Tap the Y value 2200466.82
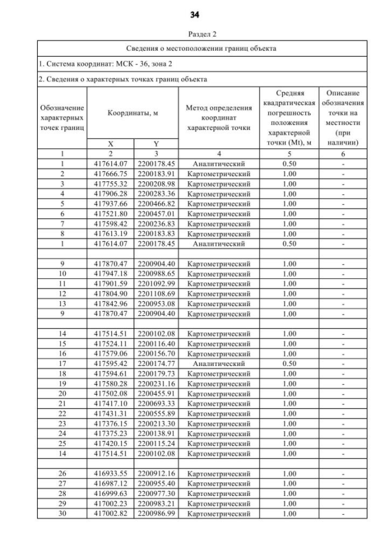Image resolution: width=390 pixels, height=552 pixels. click(x=156, y=204)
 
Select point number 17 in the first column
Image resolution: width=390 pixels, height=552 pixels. click(x=62, y=364)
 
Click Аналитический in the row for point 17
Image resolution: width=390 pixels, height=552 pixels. click(x=218, y=364)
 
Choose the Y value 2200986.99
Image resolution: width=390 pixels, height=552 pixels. click(x=156, y=514)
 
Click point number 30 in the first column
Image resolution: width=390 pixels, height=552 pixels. click(x=62, y=514)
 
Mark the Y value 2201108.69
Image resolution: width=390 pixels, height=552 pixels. click(x=156, y=293)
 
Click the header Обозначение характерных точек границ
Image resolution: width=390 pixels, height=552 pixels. click(x=62, y=118)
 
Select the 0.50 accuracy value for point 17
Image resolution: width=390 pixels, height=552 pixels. click(x=289, y=364)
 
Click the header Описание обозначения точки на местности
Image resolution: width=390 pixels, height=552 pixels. click(x=344, y=118)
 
